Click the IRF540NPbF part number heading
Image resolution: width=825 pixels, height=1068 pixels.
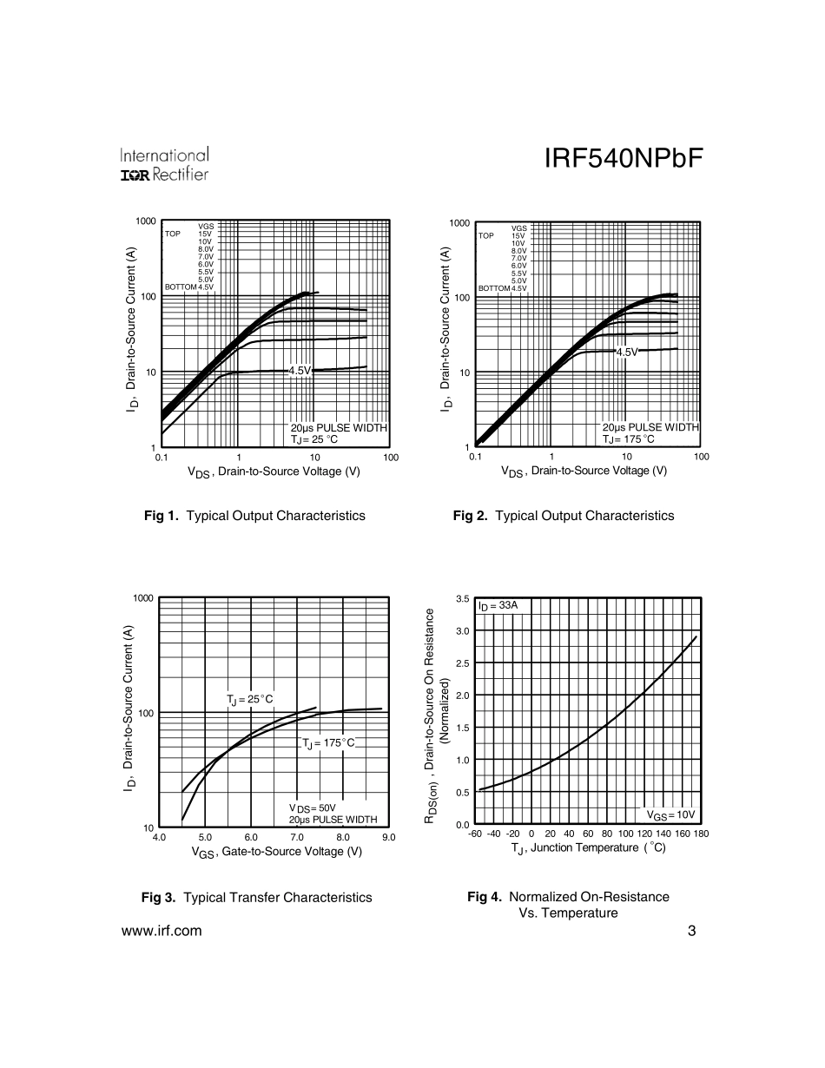tap(622, 161)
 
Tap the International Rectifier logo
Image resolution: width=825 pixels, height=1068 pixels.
tap(164, 165)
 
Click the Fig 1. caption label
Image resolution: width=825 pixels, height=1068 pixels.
tap(161, 516)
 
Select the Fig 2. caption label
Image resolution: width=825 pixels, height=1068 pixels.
tap(471, 516)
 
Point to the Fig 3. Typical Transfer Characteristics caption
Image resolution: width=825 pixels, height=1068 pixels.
tap(256, 898)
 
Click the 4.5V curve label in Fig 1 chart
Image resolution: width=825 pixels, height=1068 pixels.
tap(300, 370)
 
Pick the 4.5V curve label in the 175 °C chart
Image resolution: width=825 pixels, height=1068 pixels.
tap(627, 352)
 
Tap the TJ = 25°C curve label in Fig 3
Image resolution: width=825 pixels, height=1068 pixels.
tap(250, 699)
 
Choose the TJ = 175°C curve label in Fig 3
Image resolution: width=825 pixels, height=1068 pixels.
tap(328, 743)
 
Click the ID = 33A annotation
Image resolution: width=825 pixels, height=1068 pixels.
tap(498, 605)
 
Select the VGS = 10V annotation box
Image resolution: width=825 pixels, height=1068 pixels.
tap(671, 814)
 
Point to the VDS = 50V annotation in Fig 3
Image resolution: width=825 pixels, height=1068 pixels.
tap(312, 808)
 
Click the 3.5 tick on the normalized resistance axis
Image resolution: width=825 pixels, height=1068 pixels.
tap(462, 600)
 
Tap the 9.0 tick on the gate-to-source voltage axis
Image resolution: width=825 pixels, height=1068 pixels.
tap(388, 837)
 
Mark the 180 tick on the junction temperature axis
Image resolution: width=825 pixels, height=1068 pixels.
tap(701, 834)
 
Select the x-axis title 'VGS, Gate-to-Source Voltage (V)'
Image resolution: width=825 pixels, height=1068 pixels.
tap(276, 852)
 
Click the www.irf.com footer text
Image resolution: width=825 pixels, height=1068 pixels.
tap(162, 932)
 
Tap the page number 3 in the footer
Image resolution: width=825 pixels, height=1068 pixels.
tap(691, 932)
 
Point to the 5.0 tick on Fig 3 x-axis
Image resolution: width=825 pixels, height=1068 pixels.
tap(205, 837)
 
